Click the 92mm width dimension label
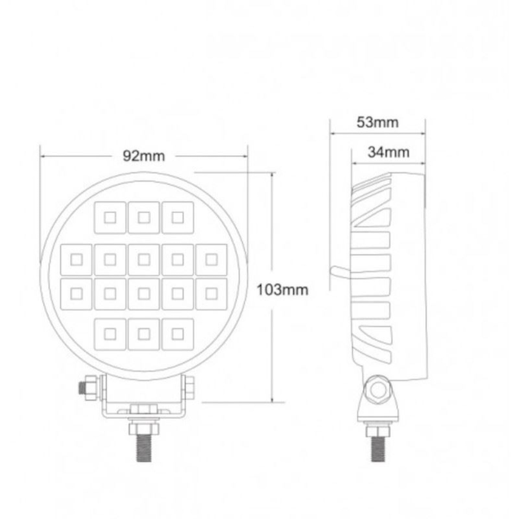pyautogui.click(x=144, y=156)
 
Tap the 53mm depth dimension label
pyautogui.click(x=377, y=122)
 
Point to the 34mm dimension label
pyautogui.click(x=388, y=152)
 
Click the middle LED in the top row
pyautogui.click(x=144, y=217)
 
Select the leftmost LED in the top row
pyautogui.click(x=110, y=217)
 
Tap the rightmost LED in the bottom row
pyautogui.click(x=177, y=333)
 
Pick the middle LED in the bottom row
pyautogui.click(x=144, y=333)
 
